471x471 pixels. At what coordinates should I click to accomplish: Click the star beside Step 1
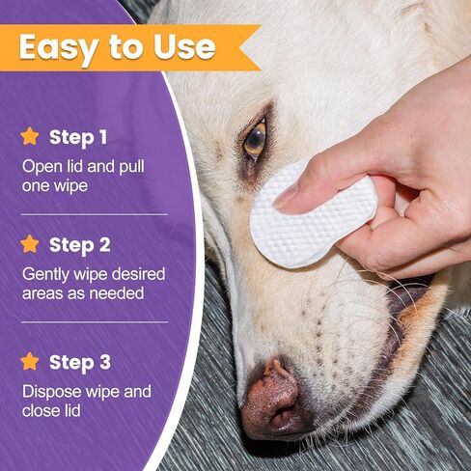point(30,136)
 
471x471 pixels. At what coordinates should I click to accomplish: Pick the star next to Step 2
point(30,244)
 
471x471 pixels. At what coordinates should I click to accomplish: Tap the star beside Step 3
point(30,361)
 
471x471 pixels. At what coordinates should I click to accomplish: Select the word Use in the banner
point(184,47)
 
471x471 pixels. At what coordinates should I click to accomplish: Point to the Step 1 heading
point(78,138)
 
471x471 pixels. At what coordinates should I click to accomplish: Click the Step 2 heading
point(80,245)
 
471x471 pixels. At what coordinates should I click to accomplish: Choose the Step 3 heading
point(80,363)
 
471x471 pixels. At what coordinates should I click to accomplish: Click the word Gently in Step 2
point(45,275)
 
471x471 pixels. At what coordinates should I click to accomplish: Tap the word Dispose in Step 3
point(52,393)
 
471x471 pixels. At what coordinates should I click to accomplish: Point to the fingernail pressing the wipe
point(285,196)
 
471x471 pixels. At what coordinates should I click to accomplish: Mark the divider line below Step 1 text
point(95,214)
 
